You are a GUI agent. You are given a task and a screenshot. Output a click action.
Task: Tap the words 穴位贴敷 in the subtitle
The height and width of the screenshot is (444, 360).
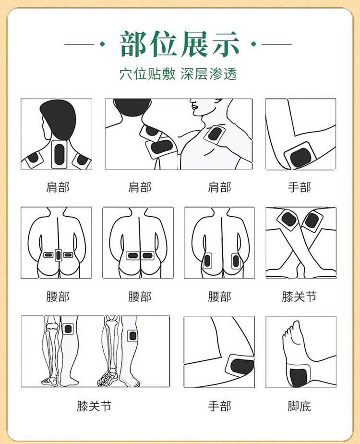pyautogui.click(x=147, y=74)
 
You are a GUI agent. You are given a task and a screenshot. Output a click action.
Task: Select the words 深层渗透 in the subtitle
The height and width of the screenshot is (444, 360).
pyautogui.click(x=209, y=74)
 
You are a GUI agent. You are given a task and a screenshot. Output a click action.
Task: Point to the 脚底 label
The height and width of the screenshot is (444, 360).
pyautogui.click(x=299, y=406)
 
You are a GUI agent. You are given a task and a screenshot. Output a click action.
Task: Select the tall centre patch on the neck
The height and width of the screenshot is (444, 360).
pyautogui.click(x=59, y=155)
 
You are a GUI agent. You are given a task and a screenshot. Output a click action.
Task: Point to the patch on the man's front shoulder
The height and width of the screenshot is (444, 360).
pyautogui.click(x=215, y=135)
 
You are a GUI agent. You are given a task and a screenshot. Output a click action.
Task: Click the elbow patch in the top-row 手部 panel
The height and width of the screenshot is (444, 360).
pyautogui.click(x=300, y=156)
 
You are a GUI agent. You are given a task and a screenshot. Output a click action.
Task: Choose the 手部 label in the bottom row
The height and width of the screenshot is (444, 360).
pyautogui.click(x=220, y=406)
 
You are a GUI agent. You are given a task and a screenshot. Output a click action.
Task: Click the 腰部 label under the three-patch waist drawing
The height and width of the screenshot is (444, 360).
pyautogui.click(x=58, y=296)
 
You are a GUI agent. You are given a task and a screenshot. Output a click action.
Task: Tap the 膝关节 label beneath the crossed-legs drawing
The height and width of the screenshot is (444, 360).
pyautogui.click(x=299, y=296)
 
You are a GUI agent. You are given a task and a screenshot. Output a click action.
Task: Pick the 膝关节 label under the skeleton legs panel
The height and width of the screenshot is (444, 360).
pyautogui.click(x=94, y=406)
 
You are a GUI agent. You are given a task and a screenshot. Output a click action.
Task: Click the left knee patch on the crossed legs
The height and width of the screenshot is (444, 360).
pyautogui.click(x=288, y=220)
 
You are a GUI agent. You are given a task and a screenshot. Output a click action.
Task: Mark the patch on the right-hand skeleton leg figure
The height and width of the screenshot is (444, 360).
pyautogui.click(x=132, y=336)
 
